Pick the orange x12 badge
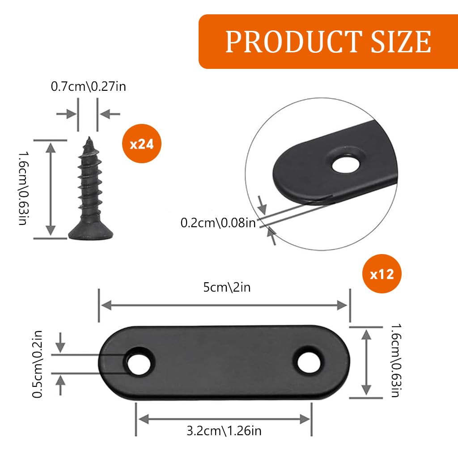click(382, 274)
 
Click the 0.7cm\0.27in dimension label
click(88, 86)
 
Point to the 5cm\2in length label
click(227, 287)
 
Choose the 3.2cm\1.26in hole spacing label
click(224, 431)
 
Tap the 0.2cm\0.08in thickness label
click(218, 222)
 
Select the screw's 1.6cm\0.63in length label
click(24, 188)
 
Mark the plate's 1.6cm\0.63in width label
click(395, 360)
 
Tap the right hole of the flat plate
click(309, 361)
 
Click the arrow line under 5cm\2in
click(224, 305)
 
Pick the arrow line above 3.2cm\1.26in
click(224, 419)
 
